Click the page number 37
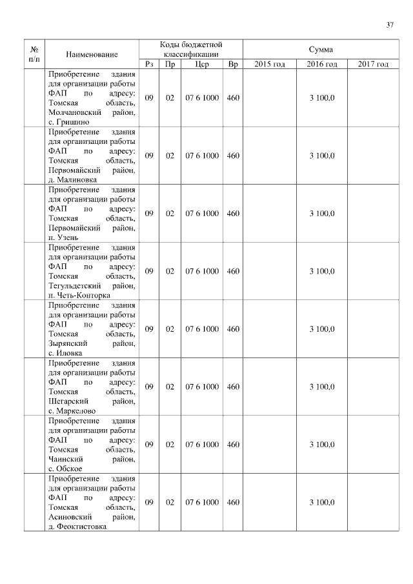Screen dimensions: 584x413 coord(390,25)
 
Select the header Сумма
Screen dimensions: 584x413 coord(321,49)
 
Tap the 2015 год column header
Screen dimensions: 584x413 coord(270,64)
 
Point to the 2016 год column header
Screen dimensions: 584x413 coord(322,64)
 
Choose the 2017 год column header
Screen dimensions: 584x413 coord(373,64)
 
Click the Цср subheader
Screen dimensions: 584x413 coord(202,64)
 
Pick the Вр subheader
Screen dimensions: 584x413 coord(233,64)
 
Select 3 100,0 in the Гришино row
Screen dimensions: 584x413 coord(322,98)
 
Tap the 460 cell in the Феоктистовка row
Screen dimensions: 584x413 coord(233,502)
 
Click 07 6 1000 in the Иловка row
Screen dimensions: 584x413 coord(202,329)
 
